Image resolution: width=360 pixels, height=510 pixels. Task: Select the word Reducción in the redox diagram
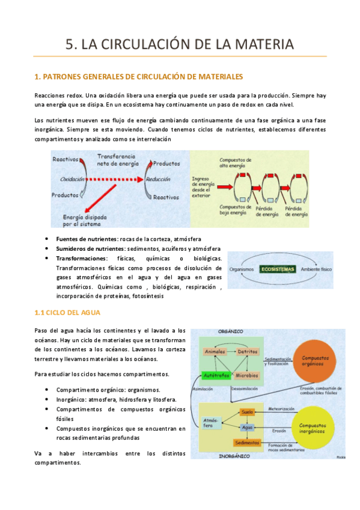click(169, 179)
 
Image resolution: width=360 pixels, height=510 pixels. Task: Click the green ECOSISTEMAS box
click(277, 269)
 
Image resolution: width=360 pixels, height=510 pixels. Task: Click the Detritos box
click(247, 351)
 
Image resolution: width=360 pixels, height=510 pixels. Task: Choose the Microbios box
click(247, 375)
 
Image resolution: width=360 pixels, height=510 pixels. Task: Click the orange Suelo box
click(247, 412)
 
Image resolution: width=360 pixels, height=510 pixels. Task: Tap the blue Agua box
click(246, 427)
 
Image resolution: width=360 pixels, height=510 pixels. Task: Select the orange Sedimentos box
click(247, 443)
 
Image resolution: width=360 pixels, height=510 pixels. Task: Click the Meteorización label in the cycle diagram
click(281, 408)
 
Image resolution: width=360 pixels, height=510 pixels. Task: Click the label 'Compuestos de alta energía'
click(236, 163)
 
